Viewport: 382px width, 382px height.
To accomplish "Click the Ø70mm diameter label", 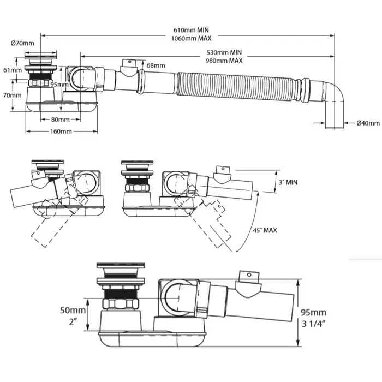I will pyautogui.click(x=22, y=43).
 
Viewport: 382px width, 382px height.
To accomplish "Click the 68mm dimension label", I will pyautogui.click(x=155, y=65).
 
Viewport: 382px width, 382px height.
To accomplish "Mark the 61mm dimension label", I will pyautogui.click(x=12, y=70).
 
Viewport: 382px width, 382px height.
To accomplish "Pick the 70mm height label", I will pyautogui.click(x=12, y=94).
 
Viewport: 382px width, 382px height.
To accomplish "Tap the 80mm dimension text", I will pyautogui.click(x=60, y=119).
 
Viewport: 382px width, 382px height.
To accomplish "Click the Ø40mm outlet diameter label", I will pyautogui.click(x=367, y=123).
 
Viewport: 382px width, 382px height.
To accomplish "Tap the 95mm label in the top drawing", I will pyautogui.click(x=59, y=85).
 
